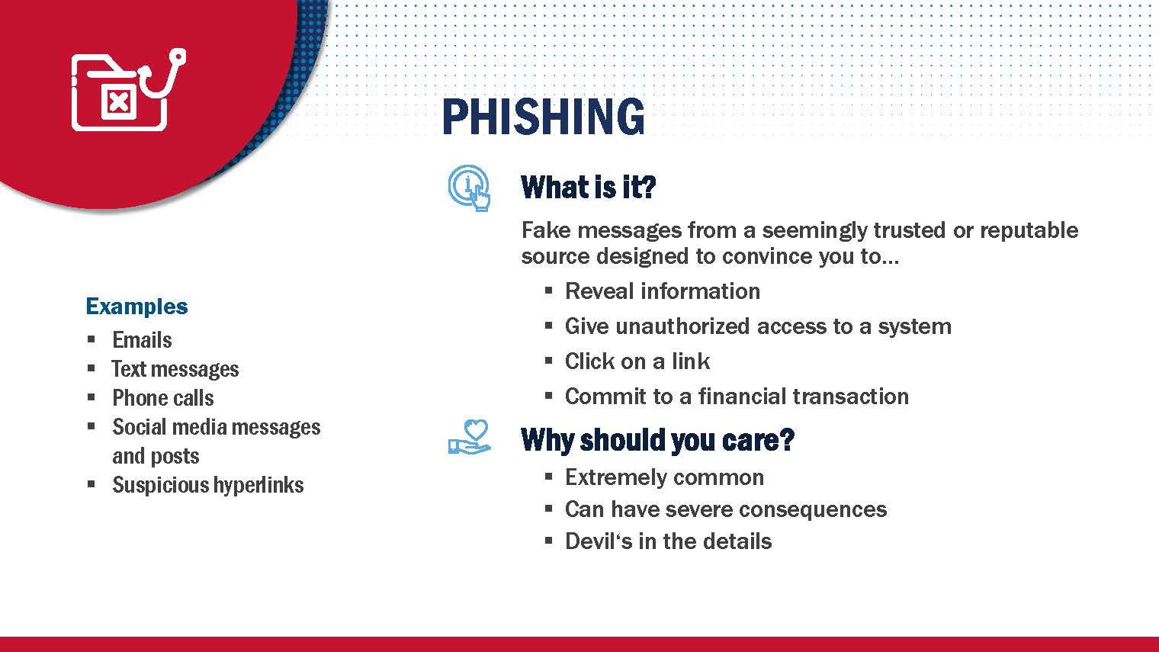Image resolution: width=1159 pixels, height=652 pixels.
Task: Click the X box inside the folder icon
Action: tap(118, 101)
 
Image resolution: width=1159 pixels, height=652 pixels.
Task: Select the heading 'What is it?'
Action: tap(589, 187)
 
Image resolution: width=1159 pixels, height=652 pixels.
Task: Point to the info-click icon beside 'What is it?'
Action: tap(469, 188)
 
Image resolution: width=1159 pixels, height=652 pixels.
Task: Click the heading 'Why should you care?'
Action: tap(657, 440)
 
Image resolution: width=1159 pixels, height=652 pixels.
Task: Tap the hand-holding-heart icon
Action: tap(469, 437)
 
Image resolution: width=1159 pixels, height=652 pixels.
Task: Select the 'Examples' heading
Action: tap(136, 307)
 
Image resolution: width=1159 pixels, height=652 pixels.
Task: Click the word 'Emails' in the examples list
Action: tap(142, 340)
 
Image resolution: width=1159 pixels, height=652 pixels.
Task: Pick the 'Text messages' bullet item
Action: tap(175, 369)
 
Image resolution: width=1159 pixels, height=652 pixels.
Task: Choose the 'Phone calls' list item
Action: tap(163, 398)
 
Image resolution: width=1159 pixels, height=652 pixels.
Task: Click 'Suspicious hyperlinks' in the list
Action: tap(208, 485)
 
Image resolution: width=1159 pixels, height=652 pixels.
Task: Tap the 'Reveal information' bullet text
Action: tap(663, 291)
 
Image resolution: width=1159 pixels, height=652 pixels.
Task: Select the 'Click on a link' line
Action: tap(637, 361)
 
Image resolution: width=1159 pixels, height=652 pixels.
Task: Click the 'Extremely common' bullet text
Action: tap(664, 477)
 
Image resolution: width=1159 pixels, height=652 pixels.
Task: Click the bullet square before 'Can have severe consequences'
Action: tap(549, 509)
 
